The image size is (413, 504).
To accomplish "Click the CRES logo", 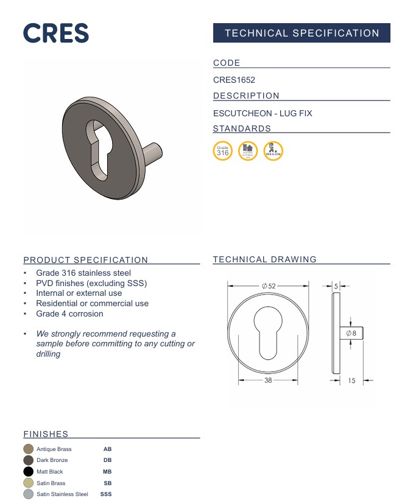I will (56, 33).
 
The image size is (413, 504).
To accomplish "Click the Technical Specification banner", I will (302, 33).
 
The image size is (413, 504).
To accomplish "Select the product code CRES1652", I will (234, 80).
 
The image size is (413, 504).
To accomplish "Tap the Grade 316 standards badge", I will (223, 151).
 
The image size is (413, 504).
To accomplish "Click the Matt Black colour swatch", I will (28, 472).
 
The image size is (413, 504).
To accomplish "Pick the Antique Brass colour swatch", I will (28, 449).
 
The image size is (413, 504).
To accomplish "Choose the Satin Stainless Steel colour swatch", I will (28, 494).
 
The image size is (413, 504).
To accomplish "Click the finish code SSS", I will (106, 494).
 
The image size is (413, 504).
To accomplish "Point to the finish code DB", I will (107, 460).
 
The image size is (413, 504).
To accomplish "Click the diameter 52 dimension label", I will (268, 285).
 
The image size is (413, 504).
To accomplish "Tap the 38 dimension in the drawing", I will (268, 380).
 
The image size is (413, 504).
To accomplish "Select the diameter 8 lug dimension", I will (351, 334).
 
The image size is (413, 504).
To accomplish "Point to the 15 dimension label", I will (351, 380).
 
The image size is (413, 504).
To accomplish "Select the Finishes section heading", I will (46, 434).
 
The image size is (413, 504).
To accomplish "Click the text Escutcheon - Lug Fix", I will (263, 113).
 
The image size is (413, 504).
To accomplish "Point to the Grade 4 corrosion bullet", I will (69, 313).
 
